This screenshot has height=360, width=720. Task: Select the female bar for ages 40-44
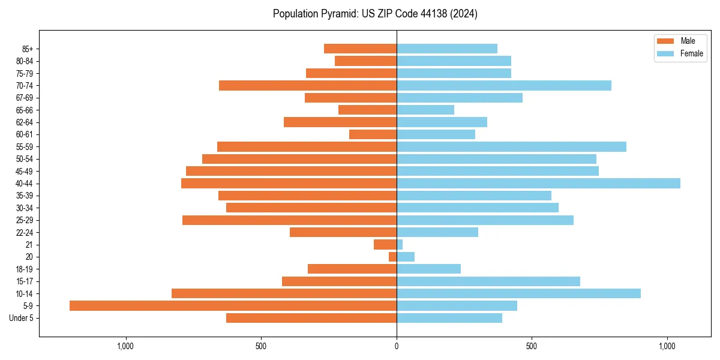[538, 184]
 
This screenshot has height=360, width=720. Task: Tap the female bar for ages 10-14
[518, 293]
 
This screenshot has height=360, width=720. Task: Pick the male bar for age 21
[385, 245]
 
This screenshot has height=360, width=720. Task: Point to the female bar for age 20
[406, 257]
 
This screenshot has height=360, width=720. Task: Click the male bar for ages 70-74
[308, 86]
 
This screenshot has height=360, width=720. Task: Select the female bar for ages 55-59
[511, 147]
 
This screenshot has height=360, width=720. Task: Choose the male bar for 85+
[360, 49]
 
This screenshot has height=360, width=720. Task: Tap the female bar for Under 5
[449, 318]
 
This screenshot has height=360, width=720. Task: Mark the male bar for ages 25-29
[289, 220]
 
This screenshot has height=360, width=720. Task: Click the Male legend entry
[680, 41]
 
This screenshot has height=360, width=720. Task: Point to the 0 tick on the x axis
[397, 346]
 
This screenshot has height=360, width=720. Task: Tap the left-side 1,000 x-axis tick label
[125, 346]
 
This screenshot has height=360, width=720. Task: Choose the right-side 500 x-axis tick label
[532, 346]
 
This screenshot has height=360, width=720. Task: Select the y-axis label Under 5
[21, 318]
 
